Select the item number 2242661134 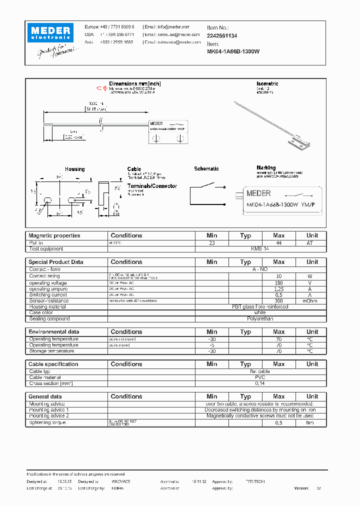pyautogui.click(x=222, y=36)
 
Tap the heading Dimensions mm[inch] pyautogui.click(x=135, y=83)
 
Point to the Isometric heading pyautogui.click(x=267, y=83)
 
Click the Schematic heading pyautogui.click(x=206, y=169)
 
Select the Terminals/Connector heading pyautogui.click(x=152, y=186)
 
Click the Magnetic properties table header pyautogui.click(x=54, y=235)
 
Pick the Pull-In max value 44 pyautogui.click(x=278, y=242)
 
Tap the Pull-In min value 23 pyautogui.click(x=211, y=242)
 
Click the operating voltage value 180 pyautogui.click(x=278, y=282)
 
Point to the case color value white pyautogui.click(x=260, y=312)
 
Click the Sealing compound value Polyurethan pyautogui.click(x=260, y=318)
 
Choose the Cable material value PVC pyautogui.click(x=260, y=377)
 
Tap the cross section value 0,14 pyautogui.click(x=260, y=383)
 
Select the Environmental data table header pyautogui.click(x=53, y=332)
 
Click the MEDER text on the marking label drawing pyautogui.click(x=259, y=193)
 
